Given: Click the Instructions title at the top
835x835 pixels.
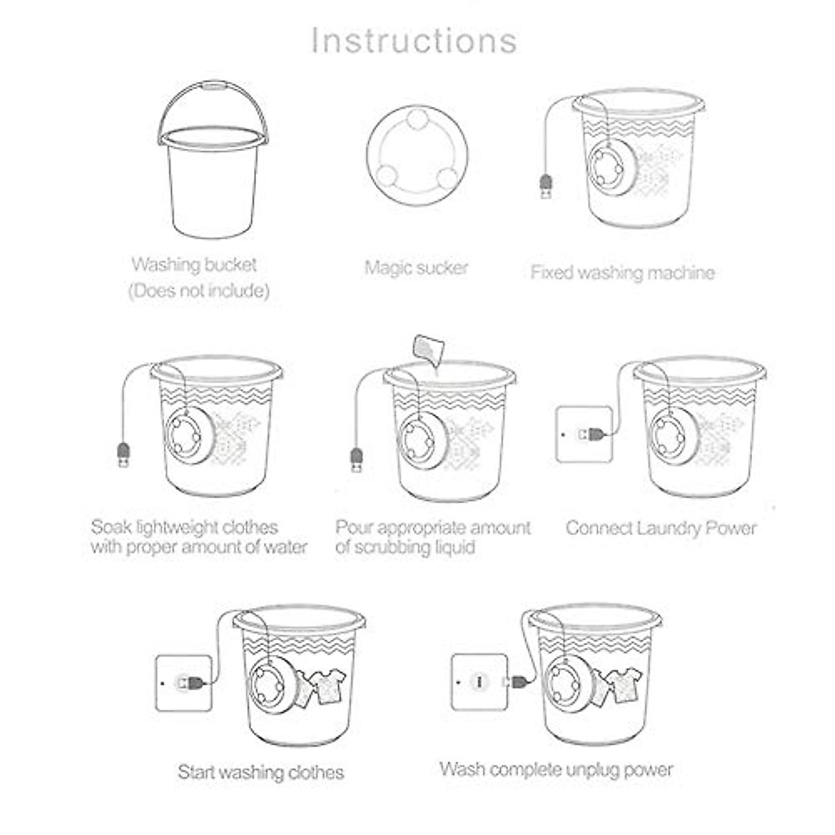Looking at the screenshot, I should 414,40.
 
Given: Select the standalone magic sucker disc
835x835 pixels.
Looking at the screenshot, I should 416,154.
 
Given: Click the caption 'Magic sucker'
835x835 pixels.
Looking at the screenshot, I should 416,268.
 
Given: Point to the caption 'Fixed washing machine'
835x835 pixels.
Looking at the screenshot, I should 622,272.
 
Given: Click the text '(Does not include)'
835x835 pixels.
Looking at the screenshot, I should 199,291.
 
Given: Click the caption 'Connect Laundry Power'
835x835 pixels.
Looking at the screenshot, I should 661,528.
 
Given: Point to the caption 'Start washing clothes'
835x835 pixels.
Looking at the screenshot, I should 261,772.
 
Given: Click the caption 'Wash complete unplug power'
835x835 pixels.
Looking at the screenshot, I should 556,770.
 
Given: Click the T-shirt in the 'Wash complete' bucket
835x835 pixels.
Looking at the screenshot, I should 624,682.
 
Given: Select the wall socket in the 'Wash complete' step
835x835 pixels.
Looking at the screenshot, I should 479,682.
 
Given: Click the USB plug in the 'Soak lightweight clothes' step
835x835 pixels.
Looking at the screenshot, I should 123,454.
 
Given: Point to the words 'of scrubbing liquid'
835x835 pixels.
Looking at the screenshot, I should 405,548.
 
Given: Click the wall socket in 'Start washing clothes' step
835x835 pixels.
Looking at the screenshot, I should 183,683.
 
